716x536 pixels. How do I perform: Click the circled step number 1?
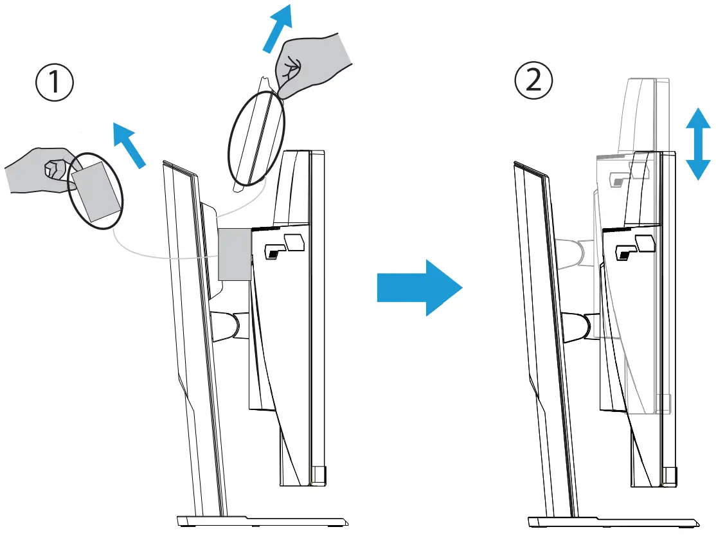pyautogui.click(x=53, y=84)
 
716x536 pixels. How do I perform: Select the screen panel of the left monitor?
pyautogui.click(x=193, y=334)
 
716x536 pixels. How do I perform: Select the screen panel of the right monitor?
pyautogui.click(x=543, y=334)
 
